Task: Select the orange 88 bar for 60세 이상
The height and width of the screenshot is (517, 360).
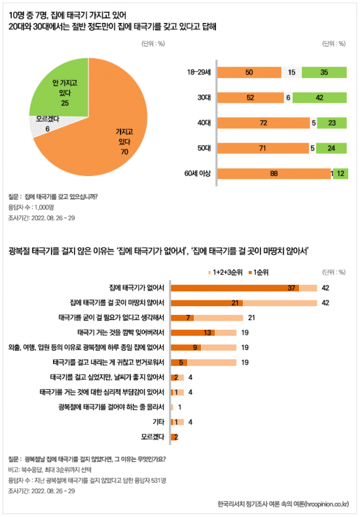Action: click(274, 173)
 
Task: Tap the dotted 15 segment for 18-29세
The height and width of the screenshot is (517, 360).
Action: click(292, 72)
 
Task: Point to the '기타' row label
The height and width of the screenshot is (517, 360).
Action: click(158, 422)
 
